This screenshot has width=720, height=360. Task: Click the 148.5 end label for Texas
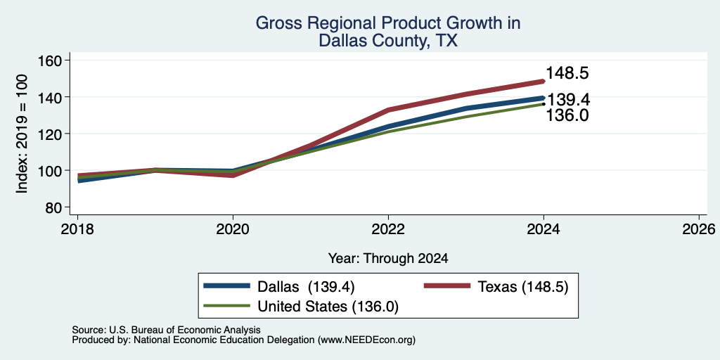pos(567,73)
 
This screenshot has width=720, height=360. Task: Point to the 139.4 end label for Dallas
pos(568,100)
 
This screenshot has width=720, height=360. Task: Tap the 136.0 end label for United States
pos(567,115)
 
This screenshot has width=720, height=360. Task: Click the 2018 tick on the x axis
pos(77,229)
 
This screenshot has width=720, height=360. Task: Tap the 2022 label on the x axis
pos(388,229)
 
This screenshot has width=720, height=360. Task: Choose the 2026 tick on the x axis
pos(699,229)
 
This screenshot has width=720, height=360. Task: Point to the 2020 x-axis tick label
pos(233,229)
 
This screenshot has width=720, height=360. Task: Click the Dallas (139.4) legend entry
pos(306,287)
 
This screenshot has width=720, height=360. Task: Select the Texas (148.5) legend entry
pos(523,287)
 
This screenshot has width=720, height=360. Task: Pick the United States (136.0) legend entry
pos(328,307)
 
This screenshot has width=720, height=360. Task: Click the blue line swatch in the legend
pos(227,286)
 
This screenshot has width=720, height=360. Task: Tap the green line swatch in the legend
pos(227,306)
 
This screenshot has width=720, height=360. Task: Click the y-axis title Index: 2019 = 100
pos(22,134)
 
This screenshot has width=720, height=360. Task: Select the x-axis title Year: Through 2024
pos(388,259)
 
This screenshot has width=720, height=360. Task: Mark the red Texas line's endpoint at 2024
pos(544,82)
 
